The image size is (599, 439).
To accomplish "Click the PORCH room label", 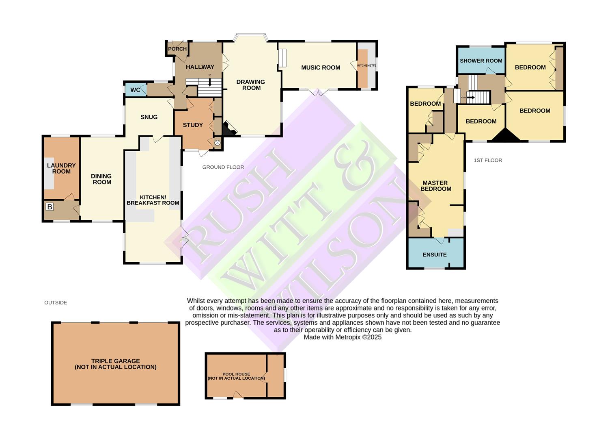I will pyautogui.click(x=177, y=49).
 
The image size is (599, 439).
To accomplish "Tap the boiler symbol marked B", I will pyautogui.click(x=50, y=207).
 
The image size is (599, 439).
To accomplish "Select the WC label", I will pyautogui.click(x=136, y=90).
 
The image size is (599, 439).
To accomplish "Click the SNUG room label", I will pyautogui.click(x=149, y=117).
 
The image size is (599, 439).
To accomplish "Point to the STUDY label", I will pyautogui.click(x=193, y=125).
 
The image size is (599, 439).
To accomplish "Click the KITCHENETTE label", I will pyautogui.click(x=366, y=65).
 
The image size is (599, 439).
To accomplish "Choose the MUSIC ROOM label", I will pyautogui.click(x=321, y=67).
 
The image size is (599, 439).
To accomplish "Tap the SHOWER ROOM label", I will pyautogui.click(x=481, y=61).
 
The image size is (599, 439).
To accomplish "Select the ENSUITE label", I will pyautogui.click(x=435, y=254).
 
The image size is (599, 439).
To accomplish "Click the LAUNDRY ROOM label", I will pyautogui.click(x=61, y=168).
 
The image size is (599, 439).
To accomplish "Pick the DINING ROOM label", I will pyautogui.click(x=101, y=179).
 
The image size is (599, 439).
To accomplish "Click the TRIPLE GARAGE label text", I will pyautogui.click(x=116, y=364).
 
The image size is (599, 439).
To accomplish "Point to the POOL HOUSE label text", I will pyautogui.click(x=236, y=376).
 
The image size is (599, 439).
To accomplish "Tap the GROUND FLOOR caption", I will pyautogui.click(x=223, y=167).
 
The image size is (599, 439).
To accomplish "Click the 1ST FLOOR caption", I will pyautogui.click(x=488, y=160).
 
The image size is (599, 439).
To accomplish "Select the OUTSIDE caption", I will pyautogui.click(x=56, y=302).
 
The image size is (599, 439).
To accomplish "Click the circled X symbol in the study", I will pyautogui.click(x=218, y=143).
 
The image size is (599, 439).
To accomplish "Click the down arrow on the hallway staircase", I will pyautogui.click(x=210, y=83).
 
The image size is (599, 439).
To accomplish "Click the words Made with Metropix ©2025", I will pyautogui.click(x=343, y=337).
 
